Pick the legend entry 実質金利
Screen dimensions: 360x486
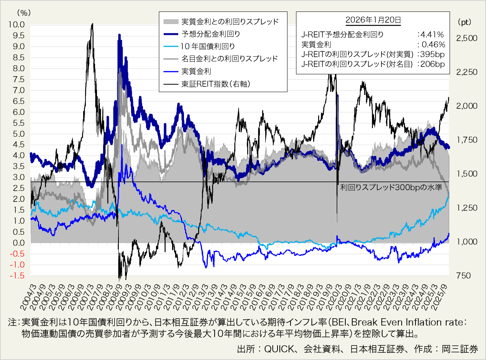tap(196, 71)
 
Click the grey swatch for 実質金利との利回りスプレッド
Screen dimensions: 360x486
tap(171, 21)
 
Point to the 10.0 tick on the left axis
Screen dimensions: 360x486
tap(17, 25)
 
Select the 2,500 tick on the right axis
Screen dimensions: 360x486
tap(467, 38)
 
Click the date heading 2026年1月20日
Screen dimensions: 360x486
tap(373, 20)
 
